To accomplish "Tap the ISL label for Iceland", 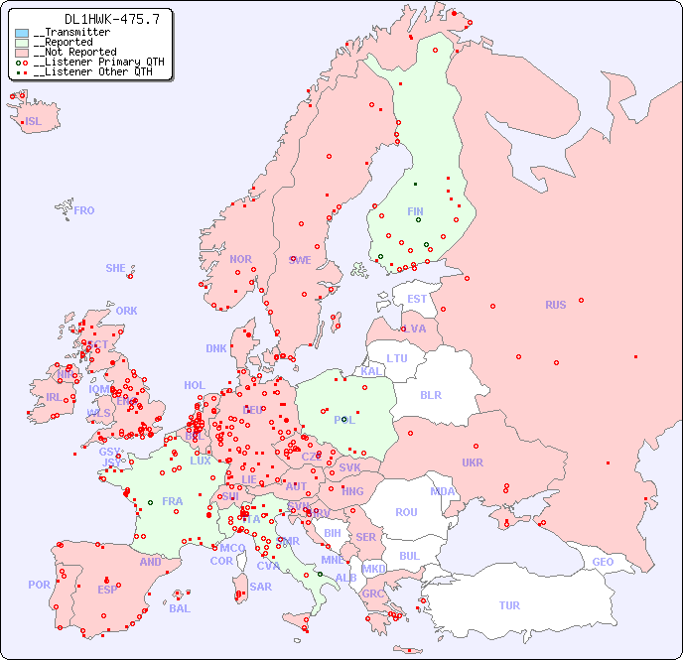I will [x=34, y=122].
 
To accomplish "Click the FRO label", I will [x=84, y=210].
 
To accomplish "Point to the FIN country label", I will [x=415, y=211].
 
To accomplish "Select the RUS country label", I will [x=555, y=305].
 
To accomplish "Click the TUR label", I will [x=509, y=605].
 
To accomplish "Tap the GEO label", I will [x=603, y=562].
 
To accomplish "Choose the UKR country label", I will [x=473, y=462].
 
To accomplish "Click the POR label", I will [x=39, y=585].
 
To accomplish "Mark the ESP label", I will [x=107, y=589].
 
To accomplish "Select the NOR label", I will [x=240, y=259].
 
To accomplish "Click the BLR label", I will [x=430, y=394].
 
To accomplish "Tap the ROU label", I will [x=406, y=512].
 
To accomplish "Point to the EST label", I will [x=417, y=299].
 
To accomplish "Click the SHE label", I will [x=116, y=268].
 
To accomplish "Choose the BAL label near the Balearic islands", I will [x=180, y=608].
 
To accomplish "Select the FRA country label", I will [x=173, y=501].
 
